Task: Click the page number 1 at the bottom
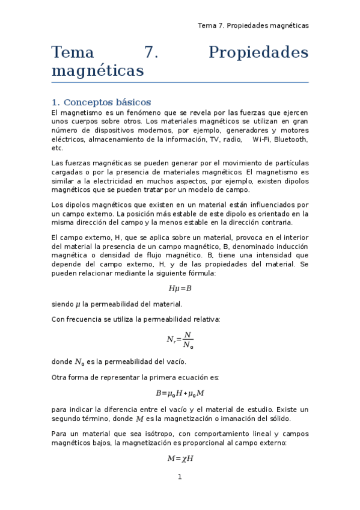[x=179, y=478]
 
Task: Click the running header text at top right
[x=253, y=25]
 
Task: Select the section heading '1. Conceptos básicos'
[x=101, y=102]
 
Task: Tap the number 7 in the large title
[x=151, y=53]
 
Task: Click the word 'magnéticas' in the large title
[x=98, y=71]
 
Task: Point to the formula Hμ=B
[x=180, y=288]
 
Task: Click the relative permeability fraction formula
[x=180, y=340]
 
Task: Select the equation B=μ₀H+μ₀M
[x=180, y=393]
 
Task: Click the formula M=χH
[x=180, y=458]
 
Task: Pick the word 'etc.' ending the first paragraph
[x=58, y=148]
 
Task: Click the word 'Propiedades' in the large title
[x=258, y=53]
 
